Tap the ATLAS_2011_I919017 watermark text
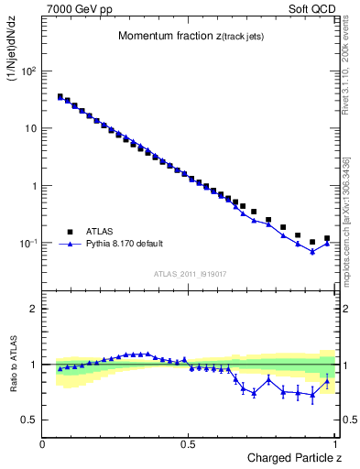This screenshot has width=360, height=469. [x=189, y=274]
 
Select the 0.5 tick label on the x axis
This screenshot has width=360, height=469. [x=188, y=443]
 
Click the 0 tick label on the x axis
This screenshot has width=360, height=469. [x=43, y=443]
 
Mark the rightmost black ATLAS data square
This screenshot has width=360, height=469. [x=327, y=238]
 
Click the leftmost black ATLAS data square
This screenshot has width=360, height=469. [x=60, y=96]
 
